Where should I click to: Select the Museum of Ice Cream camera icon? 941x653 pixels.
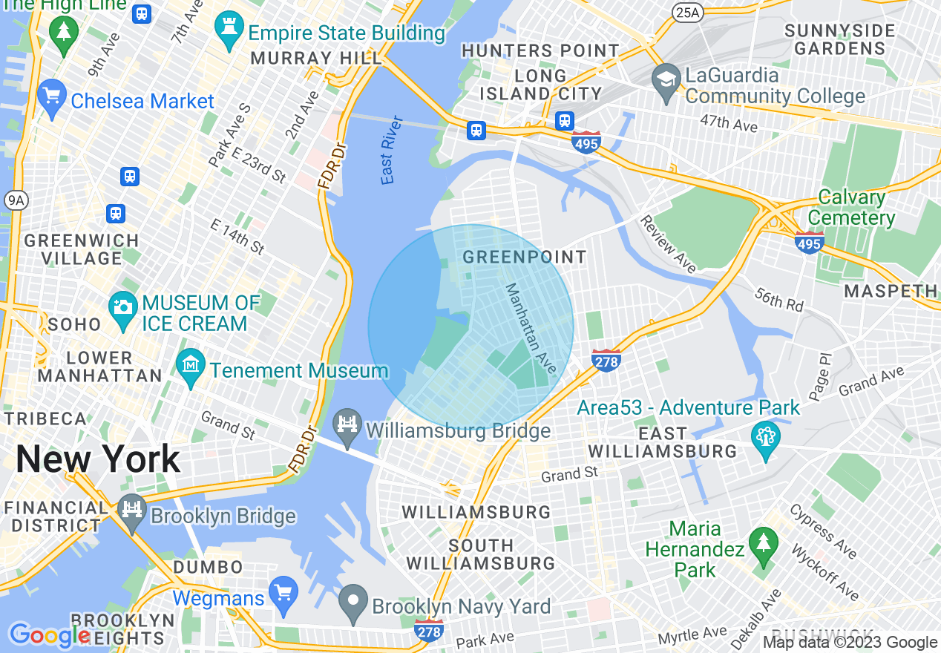122,306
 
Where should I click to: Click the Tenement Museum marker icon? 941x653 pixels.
191,366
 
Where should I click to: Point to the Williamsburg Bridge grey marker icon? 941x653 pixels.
347,425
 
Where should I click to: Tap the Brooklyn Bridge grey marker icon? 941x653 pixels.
132,511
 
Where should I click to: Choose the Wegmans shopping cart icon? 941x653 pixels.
283,593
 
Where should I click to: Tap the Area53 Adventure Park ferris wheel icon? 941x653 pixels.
765,437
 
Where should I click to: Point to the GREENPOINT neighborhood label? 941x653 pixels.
524,257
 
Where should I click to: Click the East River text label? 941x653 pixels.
392,150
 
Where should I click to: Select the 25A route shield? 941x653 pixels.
687,12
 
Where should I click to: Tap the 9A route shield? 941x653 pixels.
15,200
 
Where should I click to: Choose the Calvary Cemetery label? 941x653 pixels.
852,208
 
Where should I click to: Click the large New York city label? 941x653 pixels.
98,459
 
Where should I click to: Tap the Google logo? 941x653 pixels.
49,635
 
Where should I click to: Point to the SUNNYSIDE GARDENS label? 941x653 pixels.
840,40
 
